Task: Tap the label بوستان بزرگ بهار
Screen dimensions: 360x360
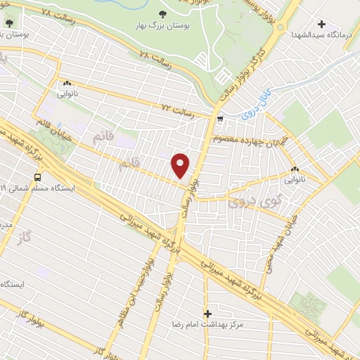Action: click(x=163, y=25)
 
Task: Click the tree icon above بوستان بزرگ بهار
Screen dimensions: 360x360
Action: click(x=163, y=13)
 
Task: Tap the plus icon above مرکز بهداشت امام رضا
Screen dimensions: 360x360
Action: click(x=207, y=314)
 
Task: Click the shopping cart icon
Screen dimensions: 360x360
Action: click(x=221, y=119)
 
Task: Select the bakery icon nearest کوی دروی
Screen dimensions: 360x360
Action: click(x=295, y=169)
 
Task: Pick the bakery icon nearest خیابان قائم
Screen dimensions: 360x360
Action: click(x=67, y=83)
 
